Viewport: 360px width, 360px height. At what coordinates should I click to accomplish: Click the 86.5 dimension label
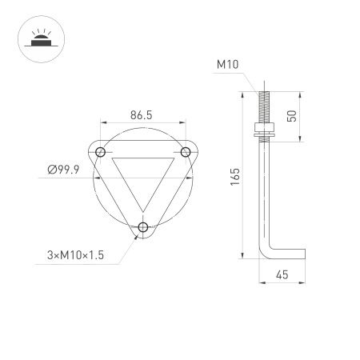[x=141, y=115]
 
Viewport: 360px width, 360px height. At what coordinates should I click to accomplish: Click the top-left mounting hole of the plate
[x=100, y=152]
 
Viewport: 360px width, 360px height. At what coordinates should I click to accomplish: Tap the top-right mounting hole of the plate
[x=186, y=152]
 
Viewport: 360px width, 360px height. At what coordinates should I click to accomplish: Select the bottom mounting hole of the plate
[x=142, y=227]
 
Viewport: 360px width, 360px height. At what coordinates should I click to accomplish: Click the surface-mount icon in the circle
[x=37, y=37]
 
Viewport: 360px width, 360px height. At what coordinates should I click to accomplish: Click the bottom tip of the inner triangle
[x=142, y=210]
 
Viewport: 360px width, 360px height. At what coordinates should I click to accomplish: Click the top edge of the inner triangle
[x=142, y=158]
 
